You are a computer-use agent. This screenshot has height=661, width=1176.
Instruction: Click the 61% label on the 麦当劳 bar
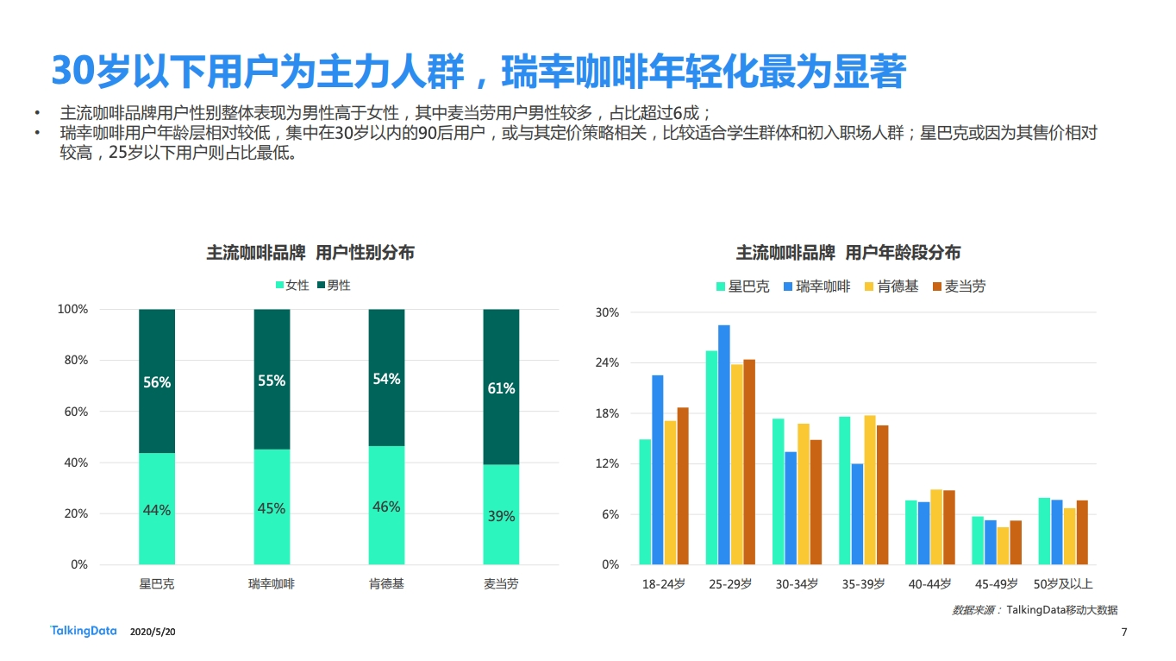click(x=501, y=388)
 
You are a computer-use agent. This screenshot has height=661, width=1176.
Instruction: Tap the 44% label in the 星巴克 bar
click(x=157, y=510)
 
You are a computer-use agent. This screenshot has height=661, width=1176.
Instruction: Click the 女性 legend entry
click(x=291, y=285)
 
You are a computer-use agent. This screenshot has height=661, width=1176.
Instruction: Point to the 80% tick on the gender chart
click(x=72, y=361)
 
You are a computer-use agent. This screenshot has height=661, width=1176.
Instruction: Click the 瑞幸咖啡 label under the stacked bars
click(x=272, y=584)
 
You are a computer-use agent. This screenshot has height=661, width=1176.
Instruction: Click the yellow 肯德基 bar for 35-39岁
click(x=870, y=489)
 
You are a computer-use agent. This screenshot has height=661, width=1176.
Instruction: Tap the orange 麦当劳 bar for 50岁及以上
click(x=1082, y=532)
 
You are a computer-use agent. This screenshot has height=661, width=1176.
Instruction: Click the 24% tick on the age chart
click(x=607, y=363)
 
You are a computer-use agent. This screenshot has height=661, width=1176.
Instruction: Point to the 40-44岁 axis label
click(x=929, y=584)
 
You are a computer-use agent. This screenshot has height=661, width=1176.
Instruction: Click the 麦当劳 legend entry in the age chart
click(x=959, y=286)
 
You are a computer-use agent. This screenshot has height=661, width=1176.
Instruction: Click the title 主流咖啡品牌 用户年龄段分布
click(x=848, y=253)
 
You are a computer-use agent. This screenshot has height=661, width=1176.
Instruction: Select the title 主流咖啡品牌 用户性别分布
click(x=310, y=253)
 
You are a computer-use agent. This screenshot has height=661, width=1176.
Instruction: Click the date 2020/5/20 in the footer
click(x=153, y=633)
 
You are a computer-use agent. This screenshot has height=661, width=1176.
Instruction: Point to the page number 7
click(x=1123, y=633)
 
